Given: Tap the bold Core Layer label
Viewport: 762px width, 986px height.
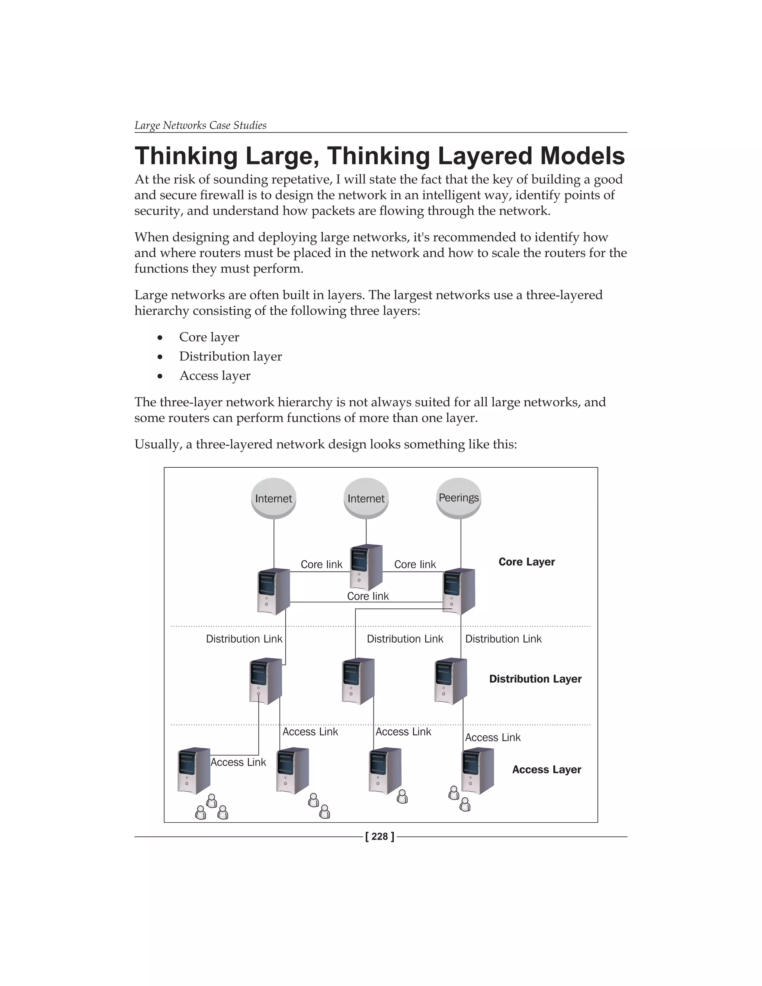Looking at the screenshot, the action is click(x=526, y=562).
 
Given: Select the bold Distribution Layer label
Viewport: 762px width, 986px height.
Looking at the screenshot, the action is click(x=535, y=679).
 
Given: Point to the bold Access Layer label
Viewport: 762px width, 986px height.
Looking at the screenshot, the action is click(x=546, y=770).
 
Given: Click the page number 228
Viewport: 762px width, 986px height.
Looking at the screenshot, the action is click(x=380, y=836).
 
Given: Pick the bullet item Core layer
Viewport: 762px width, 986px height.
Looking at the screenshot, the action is click(x=209, y=337).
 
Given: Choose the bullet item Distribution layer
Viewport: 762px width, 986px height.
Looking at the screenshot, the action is click(x=230, y=357).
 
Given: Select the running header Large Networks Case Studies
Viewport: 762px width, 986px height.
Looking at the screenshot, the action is click(x=201, y=125).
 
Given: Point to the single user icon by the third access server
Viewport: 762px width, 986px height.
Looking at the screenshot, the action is click(x=402, y=797).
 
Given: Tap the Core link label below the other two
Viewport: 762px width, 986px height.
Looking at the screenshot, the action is click(x=368, y=596).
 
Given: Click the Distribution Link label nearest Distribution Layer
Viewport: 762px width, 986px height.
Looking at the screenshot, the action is click(x=503, y=639).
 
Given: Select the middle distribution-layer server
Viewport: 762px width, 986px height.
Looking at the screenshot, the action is click(x=358, y=681).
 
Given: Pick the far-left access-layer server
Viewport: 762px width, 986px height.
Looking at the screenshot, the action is click(x=194, y=771).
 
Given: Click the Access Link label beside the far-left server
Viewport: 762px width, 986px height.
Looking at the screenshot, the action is click(x=238, y=762).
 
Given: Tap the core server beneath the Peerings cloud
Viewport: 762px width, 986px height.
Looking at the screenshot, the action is click(x=459, y=592).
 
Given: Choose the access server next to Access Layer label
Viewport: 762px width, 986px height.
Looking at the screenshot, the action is click(x=478, y=771).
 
